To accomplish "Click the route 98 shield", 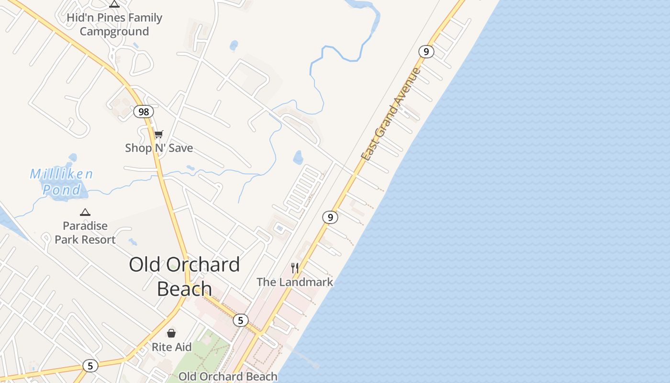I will point(143,112).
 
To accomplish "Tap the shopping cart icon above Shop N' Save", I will point(158,134).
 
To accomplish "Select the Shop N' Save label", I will point(159,148).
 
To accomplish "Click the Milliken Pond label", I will point(61,182).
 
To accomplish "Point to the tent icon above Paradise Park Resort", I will point(85,212).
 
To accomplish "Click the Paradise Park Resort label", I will point(85,233).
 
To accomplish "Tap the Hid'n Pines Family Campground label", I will point(114,24).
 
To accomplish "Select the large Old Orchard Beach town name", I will point(184,276).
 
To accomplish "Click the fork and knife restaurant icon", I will point(295,268).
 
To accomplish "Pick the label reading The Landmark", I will point(295,282).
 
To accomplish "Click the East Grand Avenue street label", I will point(391,114).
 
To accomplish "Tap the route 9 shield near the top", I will point(425,51).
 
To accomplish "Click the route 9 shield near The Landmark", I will point(330,217).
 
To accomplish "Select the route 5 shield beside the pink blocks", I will point(241,320).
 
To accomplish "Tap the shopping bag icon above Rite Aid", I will point(171,333).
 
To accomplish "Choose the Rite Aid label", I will point(171,347).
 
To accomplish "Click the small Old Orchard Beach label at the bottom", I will point(228,377).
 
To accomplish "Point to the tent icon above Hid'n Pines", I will point(114,4).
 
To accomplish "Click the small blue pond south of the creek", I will point(298,157).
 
